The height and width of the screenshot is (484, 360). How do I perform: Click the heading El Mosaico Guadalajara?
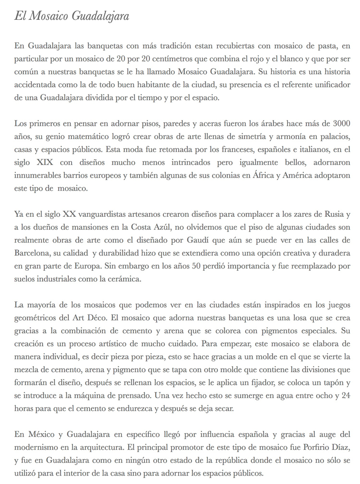(x=72, y=17)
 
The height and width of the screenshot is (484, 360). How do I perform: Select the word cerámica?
(x=126, y=278)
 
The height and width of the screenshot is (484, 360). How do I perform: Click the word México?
(x=40, y=435)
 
